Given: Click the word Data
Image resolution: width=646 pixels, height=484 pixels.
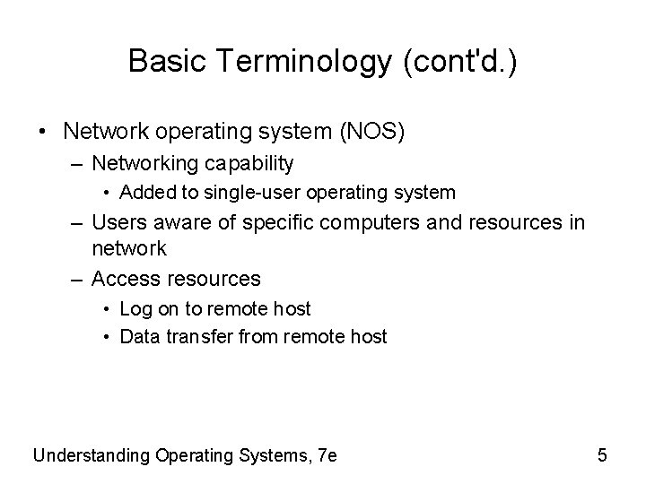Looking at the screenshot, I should point(137,337).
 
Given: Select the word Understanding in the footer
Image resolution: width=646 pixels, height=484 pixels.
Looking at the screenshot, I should point(91,455).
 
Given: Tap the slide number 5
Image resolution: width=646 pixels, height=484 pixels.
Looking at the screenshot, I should point(602,455).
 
